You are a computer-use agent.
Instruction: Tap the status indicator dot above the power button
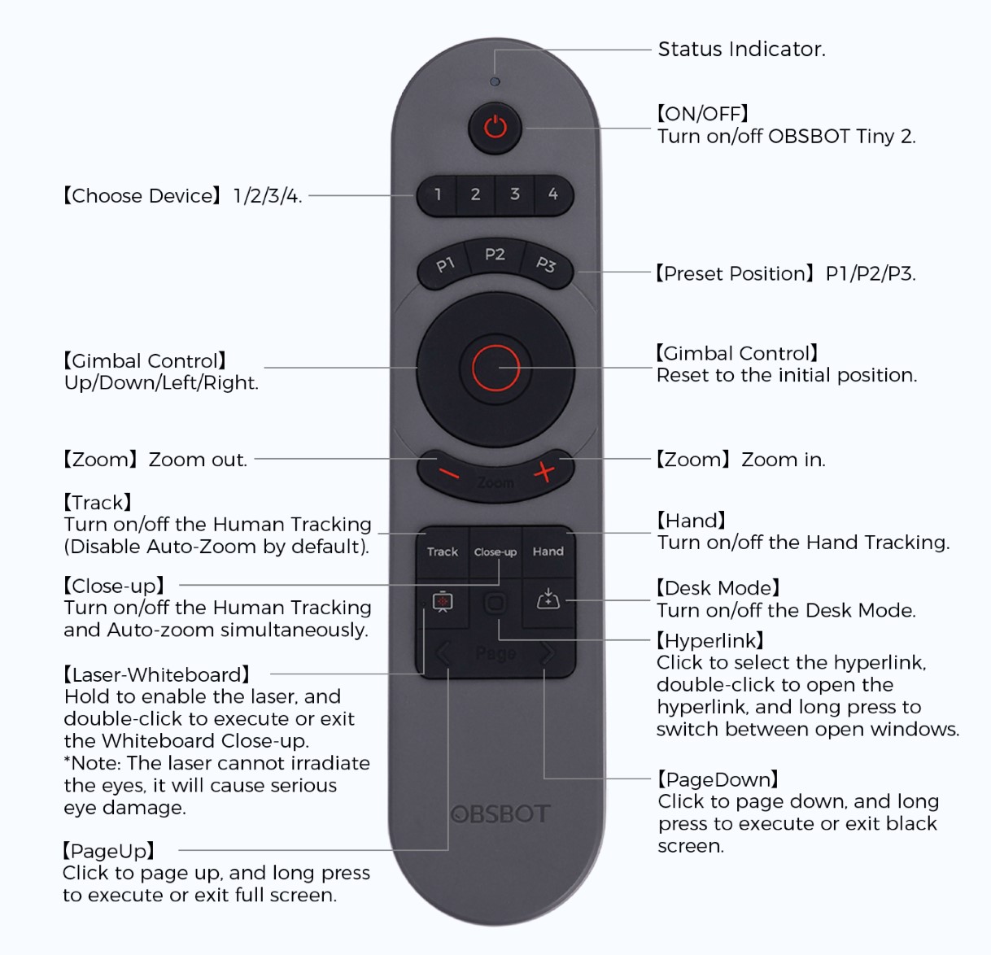495,82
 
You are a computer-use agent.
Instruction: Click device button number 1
438,194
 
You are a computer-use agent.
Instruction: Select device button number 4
553,194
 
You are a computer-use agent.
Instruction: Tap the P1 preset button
444,264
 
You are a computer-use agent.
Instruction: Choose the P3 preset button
546,264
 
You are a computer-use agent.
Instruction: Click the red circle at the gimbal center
495,368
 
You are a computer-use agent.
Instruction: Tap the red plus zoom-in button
544,471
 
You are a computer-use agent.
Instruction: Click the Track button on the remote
443,552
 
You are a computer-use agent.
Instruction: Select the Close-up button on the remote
495,552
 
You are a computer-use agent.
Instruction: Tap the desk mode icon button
548,601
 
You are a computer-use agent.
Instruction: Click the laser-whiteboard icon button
443,602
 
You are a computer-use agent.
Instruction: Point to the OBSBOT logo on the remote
500,813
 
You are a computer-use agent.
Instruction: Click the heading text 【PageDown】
718,779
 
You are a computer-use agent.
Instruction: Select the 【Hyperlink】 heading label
710,640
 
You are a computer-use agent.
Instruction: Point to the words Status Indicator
741,50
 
